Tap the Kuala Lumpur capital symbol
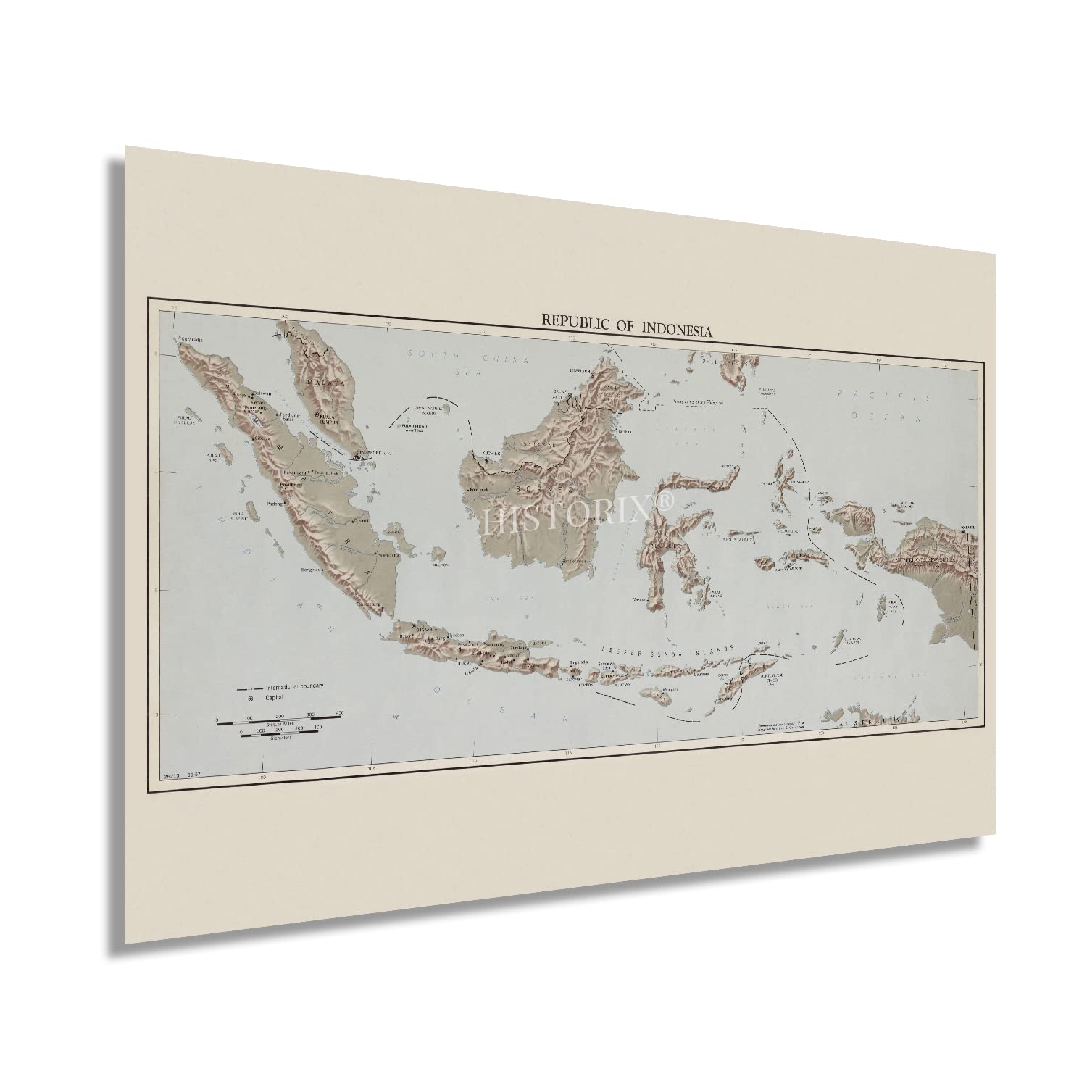point(317,415)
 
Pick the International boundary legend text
point(294,686)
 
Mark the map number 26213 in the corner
point(174,777)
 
